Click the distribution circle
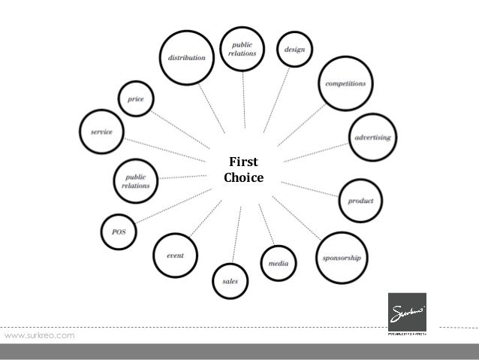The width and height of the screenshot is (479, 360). pyautogui.click(x=187, y=58)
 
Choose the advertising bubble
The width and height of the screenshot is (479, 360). pyautogui.click(x=373, y=138)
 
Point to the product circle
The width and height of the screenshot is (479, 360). pyautogui.click(x=360, y=201)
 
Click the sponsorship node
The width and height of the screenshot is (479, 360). pyautogui.click(x=342, y=258)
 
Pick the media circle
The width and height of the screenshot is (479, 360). pyautogui.click(x=279, y=263)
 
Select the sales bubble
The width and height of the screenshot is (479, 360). pyautogui.click(x=230, y=281)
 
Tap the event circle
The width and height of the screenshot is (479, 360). pyautogui.click(x=175, y=256)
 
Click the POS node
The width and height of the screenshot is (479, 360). pyautogui.click(x=119, y=232)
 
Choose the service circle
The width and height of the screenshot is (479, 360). pyautogui.click(x=101, y=132)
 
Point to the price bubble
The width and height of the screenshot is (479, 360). pyautogui.click(x=136, y=98)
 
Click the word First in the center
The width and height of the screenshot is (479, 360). pyautogui.click(x=243, y=162)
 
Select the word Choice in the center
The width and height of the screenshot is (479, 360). pyautogui.click(x=243, y=178)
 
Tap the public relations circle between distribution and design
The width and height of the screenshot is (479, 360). pyautogui.click(x=243, y=49)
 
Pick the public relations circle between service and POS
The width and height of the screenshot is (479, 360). pyautogui.click(x=136, y=179)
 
